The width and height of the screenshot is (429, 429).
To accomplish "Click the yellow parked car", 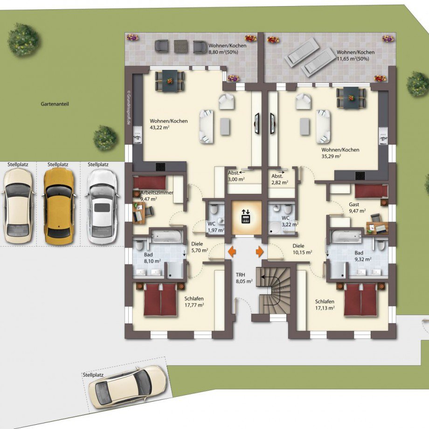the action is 59,206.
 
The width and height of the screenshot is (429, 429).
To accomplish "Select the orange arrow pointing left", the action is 232,251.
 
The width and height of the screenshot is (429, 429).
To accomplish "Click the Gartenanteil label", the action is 55,104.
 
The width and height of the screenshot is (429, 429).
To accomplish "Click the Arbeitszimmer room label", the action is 157,193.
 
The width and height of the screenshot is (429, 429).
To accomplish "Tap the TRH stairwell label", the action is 241,275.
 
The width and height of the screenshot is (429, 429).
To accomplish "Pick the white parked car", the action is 102,207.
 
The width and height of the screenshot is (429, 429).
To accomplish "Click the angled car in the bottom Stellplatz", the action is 127,387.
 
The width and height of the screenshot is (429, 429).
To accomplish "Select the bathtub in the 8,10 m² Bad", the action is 166,236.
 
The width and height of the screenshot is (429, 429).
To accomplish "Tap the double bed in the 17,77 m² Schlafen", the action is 160,300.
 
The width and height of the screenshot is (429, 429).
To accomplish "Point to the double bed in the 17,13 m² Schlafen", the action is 361,300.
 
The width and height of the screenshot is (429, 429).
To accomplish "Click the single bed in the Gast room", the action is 371,191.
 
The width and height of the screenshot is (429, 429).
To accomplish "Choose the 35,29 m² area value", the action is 331,157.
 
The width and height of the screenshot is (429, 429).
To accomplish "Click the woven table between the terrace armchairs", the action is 181,47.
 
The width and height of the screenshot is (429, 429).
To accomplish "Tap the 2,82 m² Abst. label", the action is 280,180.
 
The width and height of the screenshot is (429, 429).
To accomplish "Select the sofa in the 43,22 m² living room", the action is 206,126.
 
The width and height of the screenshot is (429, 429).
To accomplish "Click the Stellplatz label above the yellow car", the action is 58,165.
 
